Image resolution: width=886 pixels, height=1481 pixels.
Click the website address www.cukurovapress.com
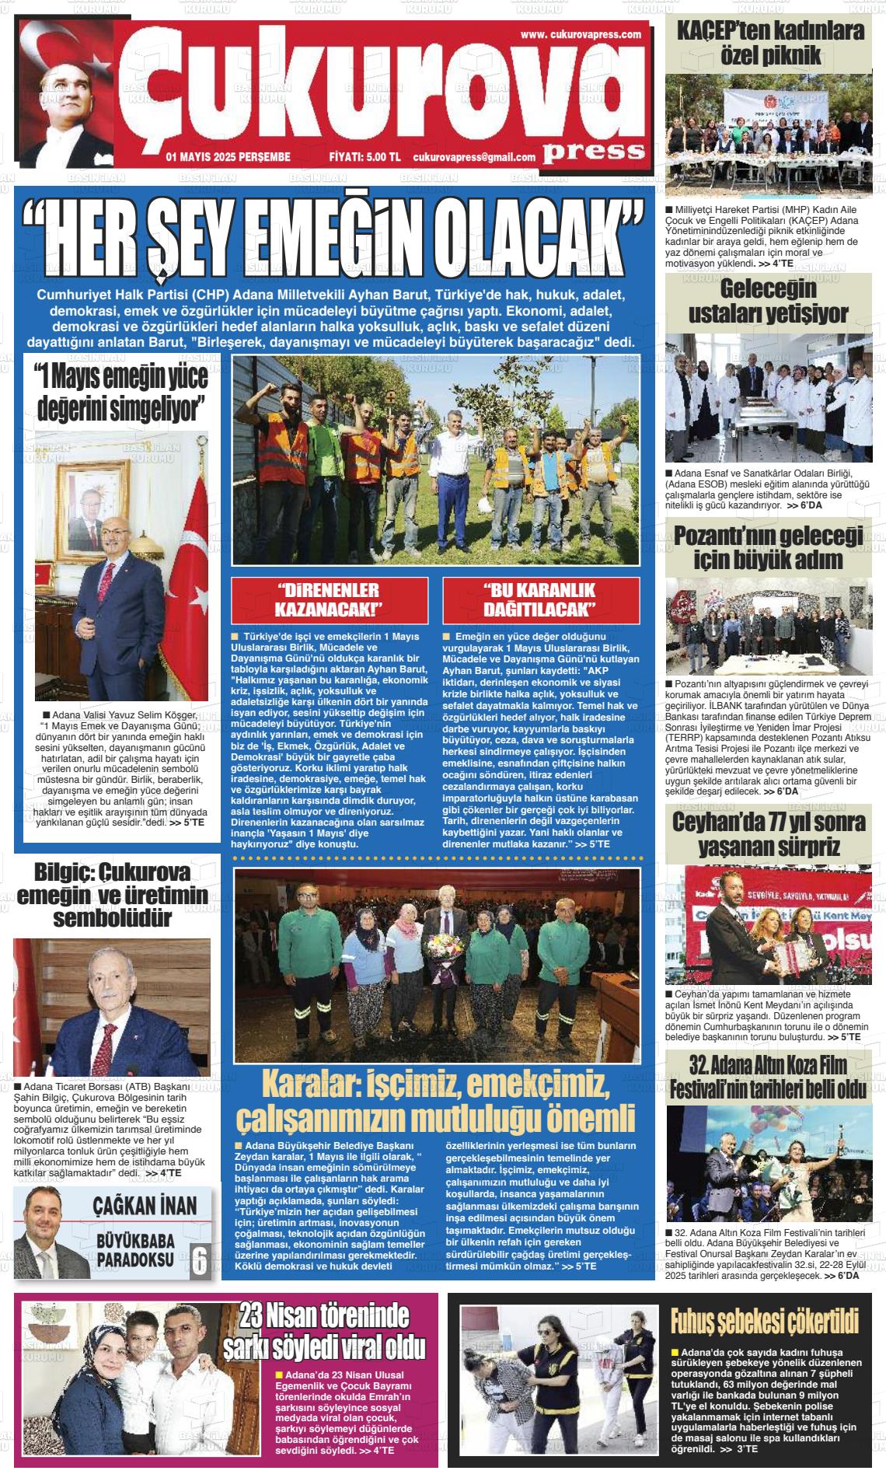tap(581, 34)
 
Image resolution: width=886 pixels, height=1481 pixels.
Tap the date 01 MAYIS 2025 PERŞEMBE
tap(228, 157)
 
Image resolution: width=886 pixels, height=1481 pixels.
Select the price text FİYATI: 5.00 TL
tap(365, 157)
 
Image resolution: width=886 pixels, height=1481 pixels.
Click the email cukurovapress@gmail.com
tap(474, 157)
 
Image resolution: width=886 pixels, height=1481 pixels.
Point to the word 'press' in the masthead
tap(594, 150)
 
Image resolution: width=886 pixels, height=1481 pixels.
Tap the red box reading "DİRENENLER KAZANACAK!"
tap(330, 599)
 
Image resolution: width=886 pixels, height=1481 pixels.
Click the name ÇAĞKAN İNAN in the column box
tap(145, 1206)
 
